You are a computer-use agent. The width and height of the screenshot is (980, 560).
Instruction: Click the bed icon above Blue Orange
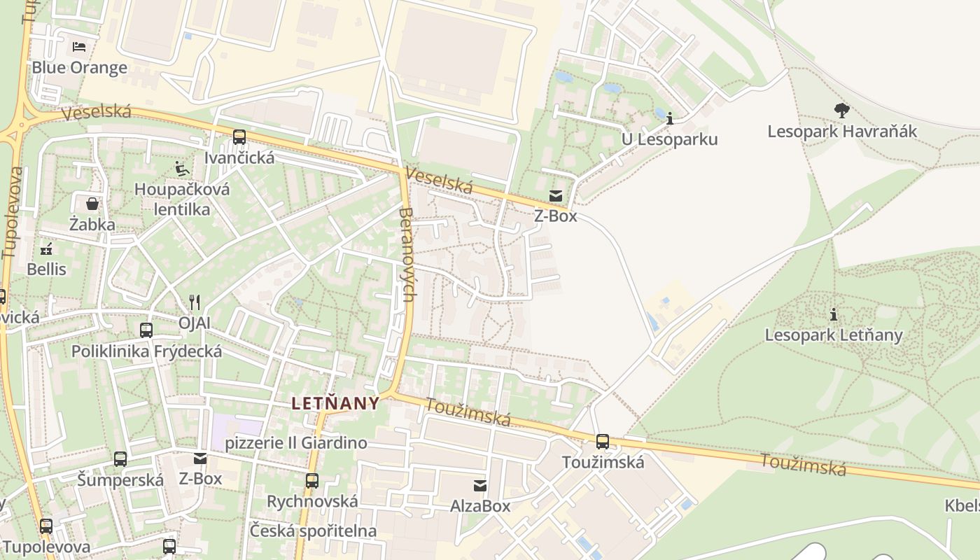79,47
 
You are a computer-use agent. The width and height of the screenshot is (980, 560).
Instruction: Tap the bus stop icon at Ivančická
239,137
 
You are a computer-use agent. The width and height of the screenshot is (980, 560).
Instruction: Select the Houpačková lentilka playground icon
181,169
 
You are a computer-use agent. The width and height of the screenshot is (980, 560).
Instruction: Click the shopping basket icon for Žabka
92,204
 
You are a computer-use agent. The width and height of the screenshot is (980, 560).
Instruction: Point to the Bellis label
46,269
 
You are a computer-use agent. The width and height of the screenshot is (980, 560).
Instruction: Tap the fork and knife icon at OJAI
195,302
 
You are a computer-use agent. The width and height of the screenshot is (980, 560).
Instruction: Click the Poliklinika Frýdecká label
146,351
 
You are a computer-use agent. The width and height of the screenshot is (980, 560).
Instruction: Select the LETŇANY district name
335,403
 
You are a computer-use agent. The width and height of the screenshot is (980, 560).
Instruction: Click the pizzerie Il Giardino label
296,443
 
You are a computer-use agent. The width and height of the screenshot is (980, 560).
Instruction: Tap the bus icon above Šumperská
120,459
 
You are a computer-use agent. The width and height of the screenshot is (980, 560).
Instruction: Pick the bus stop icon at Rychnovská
312,481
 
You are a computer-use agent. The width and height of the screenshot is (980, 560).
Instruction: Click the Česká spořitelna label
313,531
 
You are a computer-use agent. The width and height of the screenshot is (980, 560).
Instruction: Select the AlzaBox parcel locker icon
480,485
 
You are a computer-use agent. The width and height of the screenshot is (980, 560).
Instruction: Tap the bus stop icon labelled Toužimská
602,442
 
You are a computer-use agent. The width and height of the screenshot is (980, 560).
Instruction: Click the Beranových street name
407,262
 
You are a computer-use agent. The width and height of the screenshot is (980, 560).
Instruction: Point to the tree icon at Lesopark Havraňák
841,110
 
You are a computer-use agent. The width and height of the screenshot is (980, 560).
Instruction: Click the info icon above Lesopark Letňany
833,314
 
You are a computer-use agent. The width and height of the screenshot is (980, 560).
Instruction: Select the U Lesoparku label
669,139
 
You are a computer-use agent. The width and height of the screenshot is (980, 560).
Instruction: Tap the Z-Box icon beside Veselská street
556,195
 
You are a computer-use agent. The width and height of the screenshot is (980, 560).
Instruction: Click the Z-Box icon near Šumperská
200,458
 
